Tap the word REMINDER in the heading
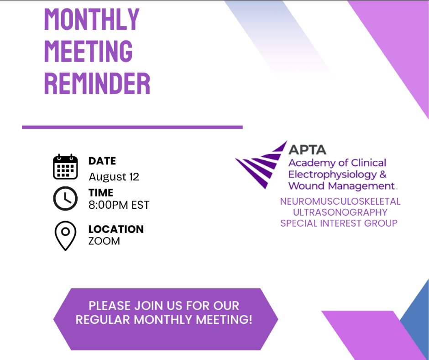click(x=97, y=84)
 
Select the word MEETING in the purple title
click(x=89, y=51)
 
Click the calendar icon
click(x=65, y=167)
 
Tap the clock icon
click(x=65, y=198)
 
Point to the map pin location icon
click(x=65, y=236)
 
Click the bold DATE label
click(x=102, y=161)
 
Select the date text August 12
click(x=114, y=177)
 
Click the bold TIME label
click(x=101, y=193)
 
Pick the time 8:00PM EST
click(x=119, y=205)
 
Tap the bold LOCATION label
click(x=116, y=229)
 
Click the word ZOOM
click(x=104, y=241)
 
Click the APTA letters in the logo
click(x=307, y=150)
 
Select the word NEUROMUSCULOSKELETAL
click(x=340, y=201)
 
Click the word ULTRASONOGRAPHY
click(x=340, y=212)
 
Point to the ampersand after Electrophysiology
click(x=383, y=174)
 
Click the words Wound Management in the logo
click(x=341, y=186)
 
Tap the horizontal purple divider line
click(x=132, y=127)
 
